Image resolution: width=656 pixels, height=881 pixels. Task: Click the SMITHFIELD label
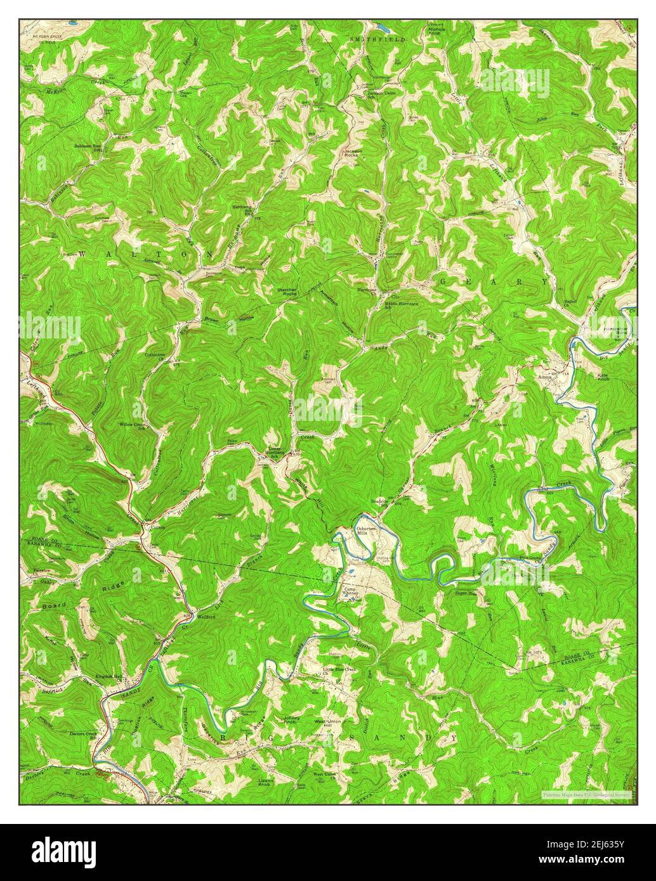pyautogui.click(x=377, y=39)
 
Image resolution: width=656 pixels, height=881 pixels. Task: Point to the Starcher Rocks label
pyautogui.click(x=287, y=292)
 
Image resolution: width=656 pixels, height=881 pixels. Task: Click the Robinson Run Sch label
pyautogui.click(x=89, y=148)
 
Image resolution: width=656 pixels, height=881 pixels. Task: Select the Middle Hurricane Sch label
pyautogui.click(x=402, y=305)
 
